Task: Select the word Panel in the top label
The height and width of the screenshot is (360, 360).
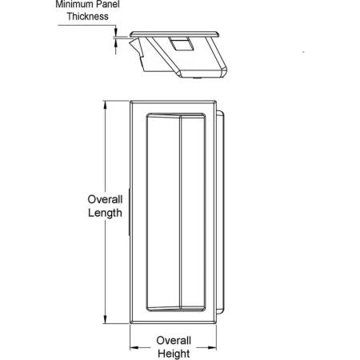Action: (108, 4)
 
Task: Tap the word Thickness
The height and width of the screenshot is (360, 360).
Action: (87, 17)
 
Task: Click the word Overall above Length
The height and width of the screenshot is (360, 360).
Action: (105, 199)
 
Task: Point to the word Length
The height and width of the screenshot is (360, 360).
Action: (105, 213)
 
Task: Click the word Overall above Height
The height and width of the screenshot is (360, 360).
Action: (174, 341)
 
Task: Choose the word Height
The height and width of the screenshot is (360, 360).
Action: (174, 354)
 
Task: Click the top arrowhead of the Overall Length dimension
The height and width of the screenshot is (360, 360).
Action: (106, 105)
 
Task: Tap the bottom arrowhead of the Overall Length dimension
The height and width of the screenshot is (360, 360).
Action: (106, 320)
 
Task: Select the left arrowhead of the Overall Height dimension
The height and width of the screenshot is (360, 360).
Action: (134, 347)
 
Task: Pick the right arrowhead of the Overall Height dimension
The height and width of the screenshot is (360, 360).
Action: (212, 347)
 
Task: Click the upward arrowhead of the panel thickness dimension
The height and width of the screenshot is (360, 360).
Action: (116, 42)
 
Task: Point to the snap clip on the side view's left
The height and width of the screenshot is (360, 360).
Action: (137, 50)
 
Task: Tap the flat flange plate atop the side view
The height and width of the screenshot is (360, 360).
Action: (174, 34)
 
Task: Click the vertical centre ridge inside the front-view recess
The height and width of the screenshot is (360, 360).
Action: (180, 213)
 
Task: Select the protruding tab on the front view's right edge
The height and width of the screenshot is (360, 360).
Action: (220, 212)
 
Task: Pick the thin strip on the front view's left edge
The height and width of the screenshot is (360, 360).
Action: (130, 213)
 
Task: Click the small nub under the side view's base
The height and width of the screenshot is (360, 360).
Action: (197, 78)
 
